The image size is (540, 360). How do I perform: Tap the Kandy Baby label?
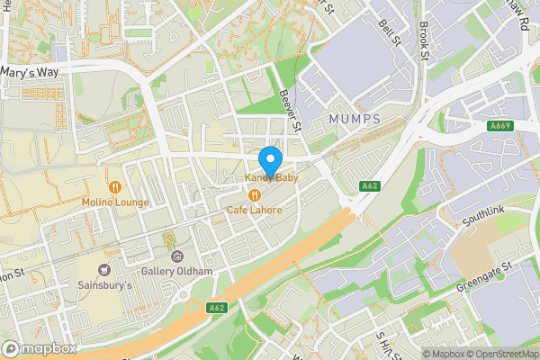(272, 179)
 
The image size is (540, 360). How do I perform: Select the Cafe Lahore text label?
(254, 210)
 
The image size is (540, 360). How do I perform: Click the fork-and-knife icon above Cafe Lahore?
(255, 194)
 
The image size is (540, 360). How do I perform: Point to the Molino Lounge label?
(115, 202)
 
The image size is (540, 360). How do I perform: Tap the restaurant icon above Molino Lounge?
(115, 187)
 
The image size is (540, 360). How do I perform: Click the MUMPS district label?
(355, 120)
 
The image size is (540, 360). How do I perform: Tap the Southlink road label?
(485, 215)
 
